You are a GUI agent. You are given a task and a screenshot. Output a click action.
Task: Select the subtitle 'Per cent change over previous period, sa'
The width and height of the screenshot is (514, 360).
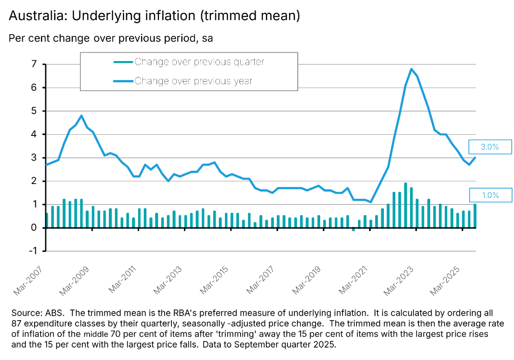[x=110, y=39]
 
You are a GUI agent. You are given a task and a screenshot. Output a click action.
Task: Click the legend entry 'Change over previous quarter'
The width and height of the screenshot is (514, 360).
[x=199, y=62]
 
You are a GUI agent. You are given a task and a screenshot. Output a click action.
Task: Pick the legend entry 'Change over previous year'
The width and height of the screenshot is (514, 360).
[x=193, y=81]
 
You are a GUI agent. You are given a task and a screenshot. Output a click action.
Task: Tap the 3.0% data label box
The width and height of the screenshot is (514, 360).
[x=490, y=147]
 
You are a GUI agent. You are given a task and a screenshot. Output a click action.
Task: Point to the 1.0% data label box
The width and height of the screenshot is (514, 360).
[x=490, y=195]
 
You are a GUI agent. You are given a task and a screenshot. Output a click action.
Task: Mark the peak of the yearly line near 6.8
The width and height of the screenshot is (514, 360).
[x=412, y=69]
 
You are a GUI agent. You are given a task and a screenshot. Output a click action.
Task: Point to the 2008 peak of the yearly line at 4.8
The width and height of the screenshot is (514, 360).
[x=82, y=116]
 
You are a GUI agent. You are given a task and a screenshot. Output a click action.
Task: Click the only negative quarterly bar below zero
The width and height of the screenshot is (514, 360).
[x=353, y=229]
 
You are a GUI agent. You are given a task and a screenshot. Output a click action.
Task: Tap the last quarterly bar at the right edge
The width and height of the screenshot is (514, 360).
[x=475, y=216]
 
